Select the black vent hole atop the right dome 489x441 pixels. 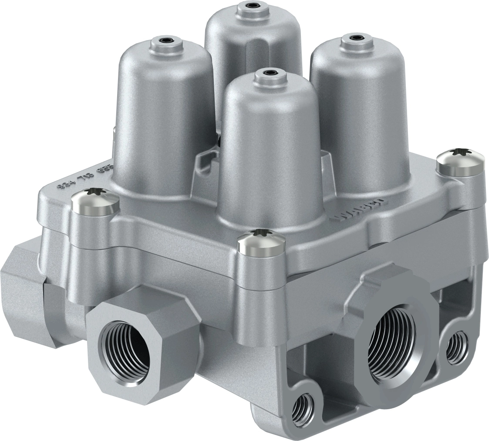tap(357, 37)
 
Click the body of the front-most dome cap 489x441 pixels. tap(270, 153)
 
